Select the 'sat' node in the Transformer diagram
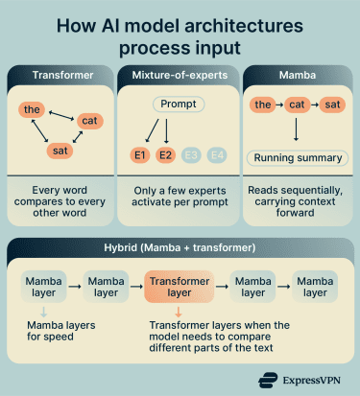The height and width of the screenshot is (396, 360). (59, 151)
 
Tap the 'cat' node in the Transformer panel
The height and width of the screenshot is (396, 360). (89, 121)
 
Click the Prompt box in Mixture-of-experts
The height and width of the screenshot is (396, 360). (180, 104)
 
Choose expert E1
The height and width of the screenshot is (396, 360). (140, 152)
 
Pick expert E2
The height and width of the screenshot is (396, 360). (166, 152)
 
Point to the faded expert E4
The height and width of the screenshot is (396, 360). (218, 152)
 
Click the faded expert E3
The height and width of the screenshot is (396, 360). (192, 152)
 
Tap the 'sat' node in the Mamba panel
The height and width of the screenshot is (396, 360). (333, 103)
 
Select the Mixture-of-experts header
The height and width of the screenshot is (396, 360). (180, 74)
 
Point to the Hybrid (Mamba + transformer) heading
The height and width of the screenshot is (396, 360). (180, 249)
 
